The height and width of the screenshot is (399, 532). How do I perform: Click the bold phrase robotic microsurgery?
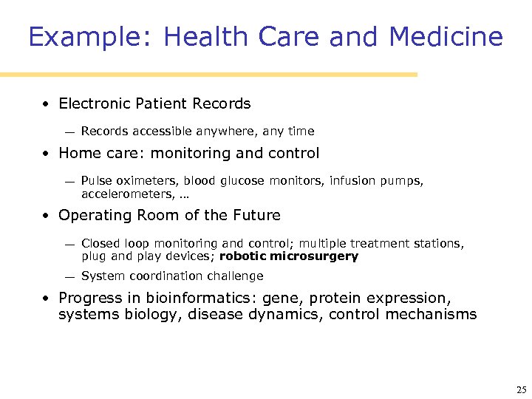tap(289, 257)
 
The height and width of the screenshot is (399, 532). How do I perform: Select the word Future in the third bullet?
tap(256, 216)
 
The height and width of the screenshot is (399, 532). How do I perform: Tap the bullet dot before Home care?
tap(46, 154)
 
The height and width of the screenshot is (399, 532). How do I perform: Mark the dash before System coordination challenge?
tap(68, 277)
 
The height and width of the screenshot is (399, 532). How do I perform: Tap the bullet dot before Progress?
tap(46, 299)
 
